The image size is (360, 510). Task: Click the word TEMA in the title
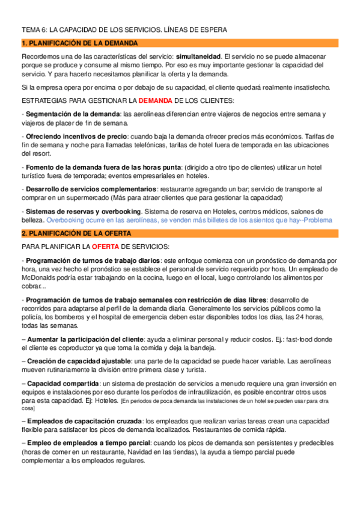coord(31,29)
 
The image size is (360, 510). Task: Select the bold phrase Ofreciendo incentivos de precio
coord(76,137)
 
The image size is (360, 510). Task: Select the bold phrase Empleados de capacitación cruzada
coord(86,421)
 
